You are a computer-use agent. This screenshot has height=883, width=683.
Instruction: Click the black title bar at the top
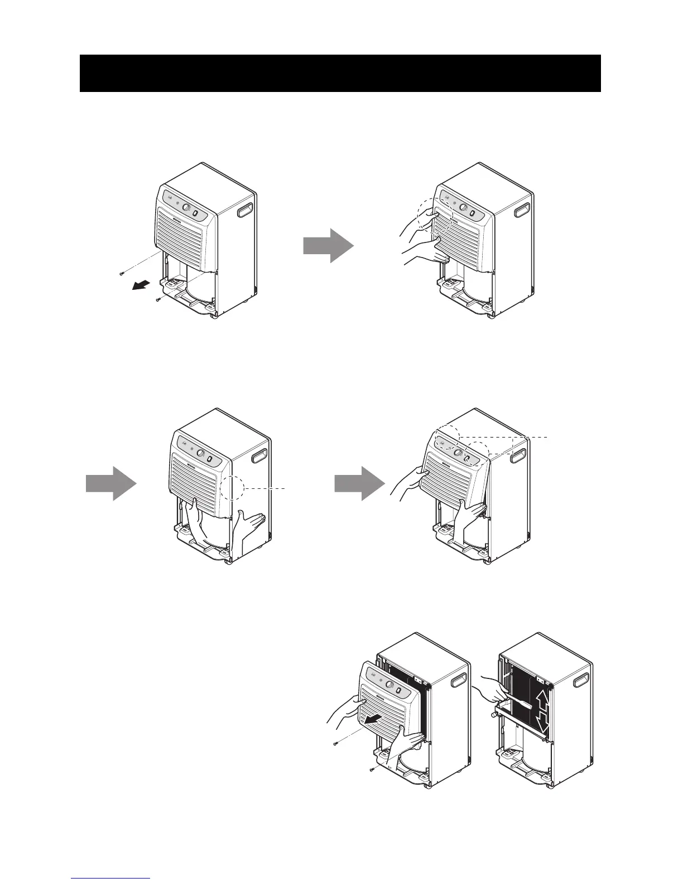coord(340,73)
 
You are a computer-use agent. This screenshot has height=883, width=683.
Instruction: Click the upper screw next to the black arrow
coord(121,273)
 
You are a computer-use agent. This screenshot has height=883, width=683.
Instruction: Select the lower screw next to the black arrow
coord(158,299)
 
